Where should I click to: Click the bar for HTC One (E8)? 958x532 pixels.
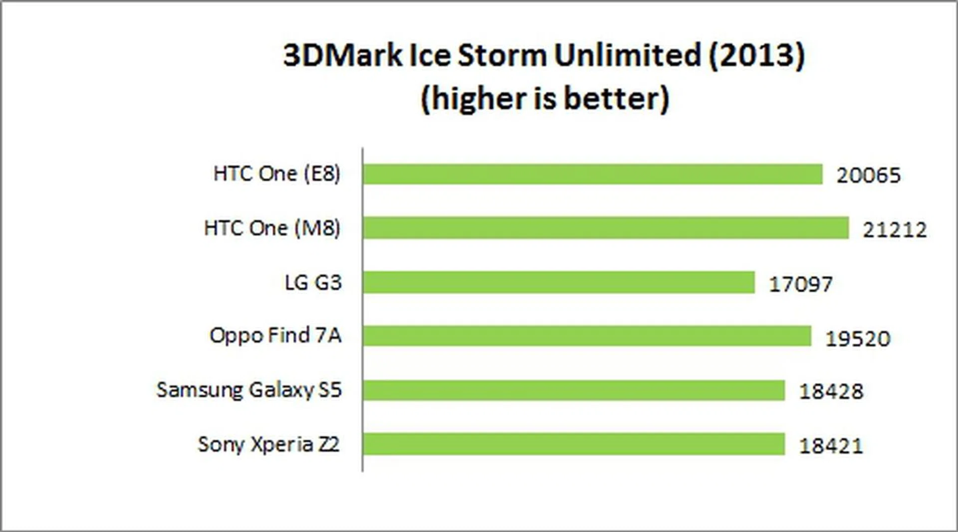(592, 174)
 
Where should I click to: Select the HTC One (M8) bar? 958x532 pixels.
(605, 228)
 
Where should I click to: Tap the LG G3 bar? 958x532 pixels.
(558, 282)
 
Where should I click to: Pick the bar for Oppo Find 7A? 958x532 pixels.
(587, 336)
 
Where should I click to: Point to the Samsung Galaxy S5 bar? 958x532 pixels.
(573, 390)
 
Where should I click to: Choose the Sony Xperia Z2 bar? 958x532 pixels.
(573, 444)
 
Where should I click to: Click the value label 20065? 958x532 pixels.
(868, 175)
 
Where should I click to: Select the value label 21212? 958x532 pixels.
(895, 229)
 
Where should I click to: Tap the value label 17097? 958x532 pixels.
(800, 284)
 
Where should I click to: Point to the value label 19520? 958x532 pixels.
(857, 338)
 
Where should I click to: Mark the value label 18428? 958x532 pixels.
(831, 391)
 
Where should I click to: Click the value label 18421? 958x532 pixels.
(831, 445)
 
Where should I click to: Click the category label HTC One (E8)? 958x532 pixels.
(277, 174)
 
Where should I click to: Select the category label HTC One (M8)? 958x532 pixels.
(272, 228)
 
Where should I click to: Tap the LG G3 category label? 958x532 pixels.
(313, 282)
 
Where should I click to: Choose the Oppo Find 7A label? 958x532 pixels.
(275, 335)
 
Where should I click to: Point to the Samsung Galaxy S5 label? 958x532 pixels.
(249, 389)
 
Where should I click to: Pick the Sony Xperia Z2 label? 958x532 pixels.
(268, 444)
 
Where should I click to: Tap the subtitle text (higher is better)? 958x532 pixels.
(544, 98)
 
